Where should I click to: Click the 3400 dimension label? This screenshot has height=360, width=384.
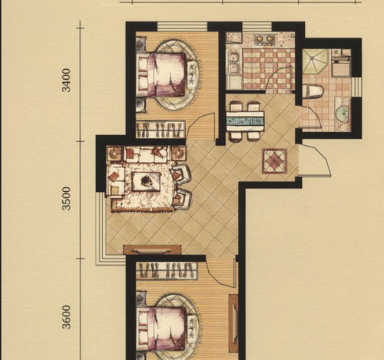[67, 80]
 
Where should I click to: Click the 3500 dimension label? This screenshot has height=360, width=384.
[67, 198]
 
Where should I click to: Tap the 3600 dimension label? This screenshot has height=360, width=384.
[67, 317]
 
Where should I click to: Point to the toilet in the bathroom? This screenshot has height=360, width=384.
[313, 91]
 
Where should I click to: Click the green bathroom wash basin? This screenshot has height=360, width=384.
[342, 113]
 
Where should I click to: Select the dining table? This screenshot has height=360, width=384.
[245, 121]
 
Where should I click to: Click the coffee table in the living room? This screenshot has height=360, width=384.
[146, 181]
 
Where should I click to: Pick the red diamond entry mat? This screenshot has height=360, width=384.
[274, 161]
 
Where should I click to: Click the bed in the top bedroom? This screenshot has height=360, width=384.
[162, 74]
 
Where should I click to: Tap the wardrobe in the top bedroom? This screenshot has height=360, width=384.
[161, 129]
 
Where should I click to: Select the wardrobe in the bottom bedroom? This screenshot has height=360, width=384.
[167, 271]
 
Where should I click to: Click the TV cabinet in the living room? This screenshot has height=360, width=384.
[152, 249]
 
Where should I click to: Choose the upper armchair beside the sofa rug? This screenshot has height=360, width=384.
[181, 173]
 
